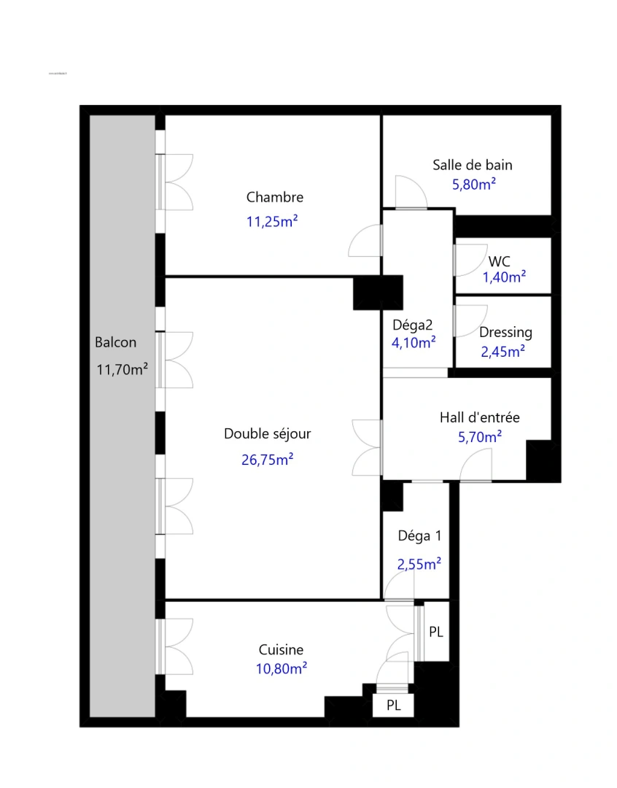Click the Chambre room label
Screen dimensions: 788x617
tap(274, 197)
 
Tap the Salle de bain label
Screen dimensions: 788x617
tap(472, 165)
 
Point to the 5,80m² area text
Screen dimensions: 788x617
tap(474, 184)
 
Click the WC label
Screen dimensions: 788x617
tap(500, 261)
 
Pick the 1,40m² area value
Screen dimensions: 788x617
tap(504, 277)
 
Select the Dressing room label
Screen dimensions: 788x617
tap(505, 332)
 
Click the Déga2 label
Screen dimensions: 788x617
tap(414, 325)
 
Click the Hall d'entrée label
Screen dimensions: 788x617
tap(479, 418)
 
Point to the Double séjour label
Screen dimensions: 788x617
tap(267, 433)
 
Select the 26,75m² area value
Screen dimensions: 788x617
tap(267, 459)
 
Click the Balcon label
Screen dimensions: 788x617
tap(115, 342)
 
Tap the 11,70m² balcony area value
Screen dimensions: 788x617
tap(122, 369)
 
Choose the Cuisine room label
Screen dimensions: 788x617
tap(281, 650)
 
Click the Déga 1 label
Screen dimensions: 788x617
tap(419, 536)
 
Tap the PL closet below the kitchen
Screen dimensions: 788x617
tap(393, 706)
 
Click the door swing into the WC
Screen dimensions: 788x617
tap(468, 258)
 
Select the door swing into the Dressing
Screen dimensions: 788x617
tap(468, 321)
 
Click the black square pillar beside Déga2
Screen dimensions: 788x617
tap(378, 292)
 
